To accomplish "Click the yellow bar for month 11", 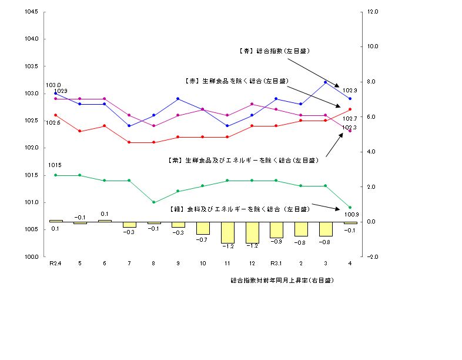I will (x=227, y=232).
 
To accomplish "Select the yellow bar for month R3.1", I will (x=276, y=230).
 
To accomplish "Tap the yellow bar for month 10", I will (x=203, y=228).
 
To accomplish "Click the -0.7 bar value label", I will (x=203, y=240).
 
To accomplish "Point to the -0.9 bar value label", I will (x=276, y=242).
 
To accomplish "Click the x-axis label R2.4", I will (x=55, y=264).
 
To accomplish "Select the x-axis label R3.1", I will (x=276, y=264).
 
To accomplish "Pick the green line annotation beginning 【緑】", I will (x=232, y=209).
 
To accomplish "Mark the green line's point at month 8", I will (x=153, y=202).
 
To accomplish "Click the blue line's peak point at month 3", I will (x=326, y=82).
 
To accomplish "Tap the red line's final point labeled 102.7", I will (x=350, y=109).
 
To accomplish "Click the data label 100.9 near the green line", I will (x=351, y=214).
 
